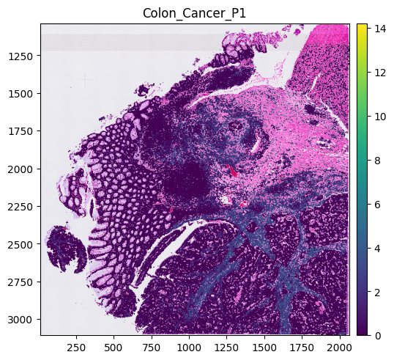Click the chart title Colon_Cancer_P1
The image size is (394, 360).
tap(194, 13)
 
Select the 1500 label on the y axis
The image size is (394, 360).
tap(21, 94)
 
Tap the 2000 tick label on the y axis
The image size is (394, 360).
tap(21, 169)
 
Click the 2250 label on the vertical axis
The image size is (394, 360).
tap(21, 207)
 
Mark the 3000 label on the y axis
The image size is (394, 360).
tap(21, 320)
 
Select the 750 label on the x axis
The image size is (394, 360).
tap(152, 348)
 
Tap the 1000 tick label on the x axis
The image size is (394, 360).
tap(189, 348)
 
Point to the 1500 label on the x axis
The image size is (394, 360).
tap(264, 348)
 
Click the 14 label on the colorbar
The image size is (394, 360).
tap(380, 29)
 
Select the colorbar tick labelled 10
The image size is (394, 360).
tap(380, 117)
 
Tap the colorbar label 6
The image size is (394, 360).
tap(377, 205)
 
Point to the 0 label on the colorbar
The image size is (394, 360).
tap(377, 336)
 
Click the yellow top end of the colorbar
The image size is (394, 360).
tap(362, 26)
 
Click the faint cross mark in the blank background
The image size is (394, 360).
tap(85, 79)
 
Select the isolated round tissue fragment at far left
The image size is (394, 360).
tap(67, 249)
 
